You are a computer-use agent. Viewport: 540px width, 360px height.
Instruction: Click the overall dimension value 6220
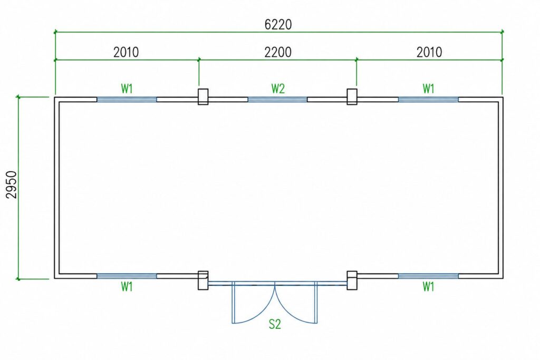click(x=278, y=24)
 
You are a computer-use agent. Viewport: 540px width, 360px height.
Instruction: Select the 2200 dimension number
click(x=278, y=52)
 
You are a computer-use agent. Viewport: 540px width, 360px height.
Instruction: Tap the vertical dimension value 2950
click(x=12, y=185)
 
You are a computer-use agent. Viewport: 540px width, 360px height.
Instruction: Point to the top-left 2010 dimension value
click(x=126, y=52)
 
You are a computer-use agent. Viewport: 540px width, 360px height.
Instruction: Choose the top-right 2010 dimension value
click(x=429, y=52)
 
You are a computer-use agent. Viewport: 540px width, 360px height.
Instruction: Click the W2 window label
click(x=278, y=89)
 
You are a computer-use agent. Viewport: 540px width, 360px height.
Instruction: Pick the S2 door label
click(x=275, y=324)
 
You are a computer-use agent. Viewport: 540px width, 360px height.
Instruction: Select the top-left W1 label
click(x=127, y=89)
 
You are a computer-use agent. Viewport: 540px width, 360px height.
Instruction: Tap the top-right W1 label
click(x=428, y=89)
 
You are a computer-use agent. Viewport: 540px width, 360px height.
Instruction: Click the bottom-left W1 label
click(x=127, y=286)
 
